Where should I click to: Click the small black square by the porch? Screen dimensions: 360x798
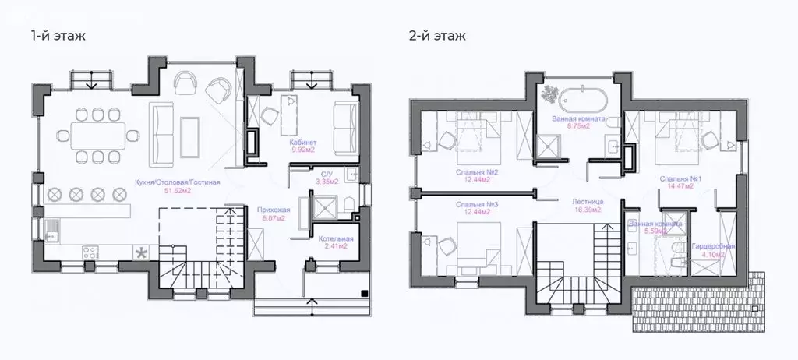364,293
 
